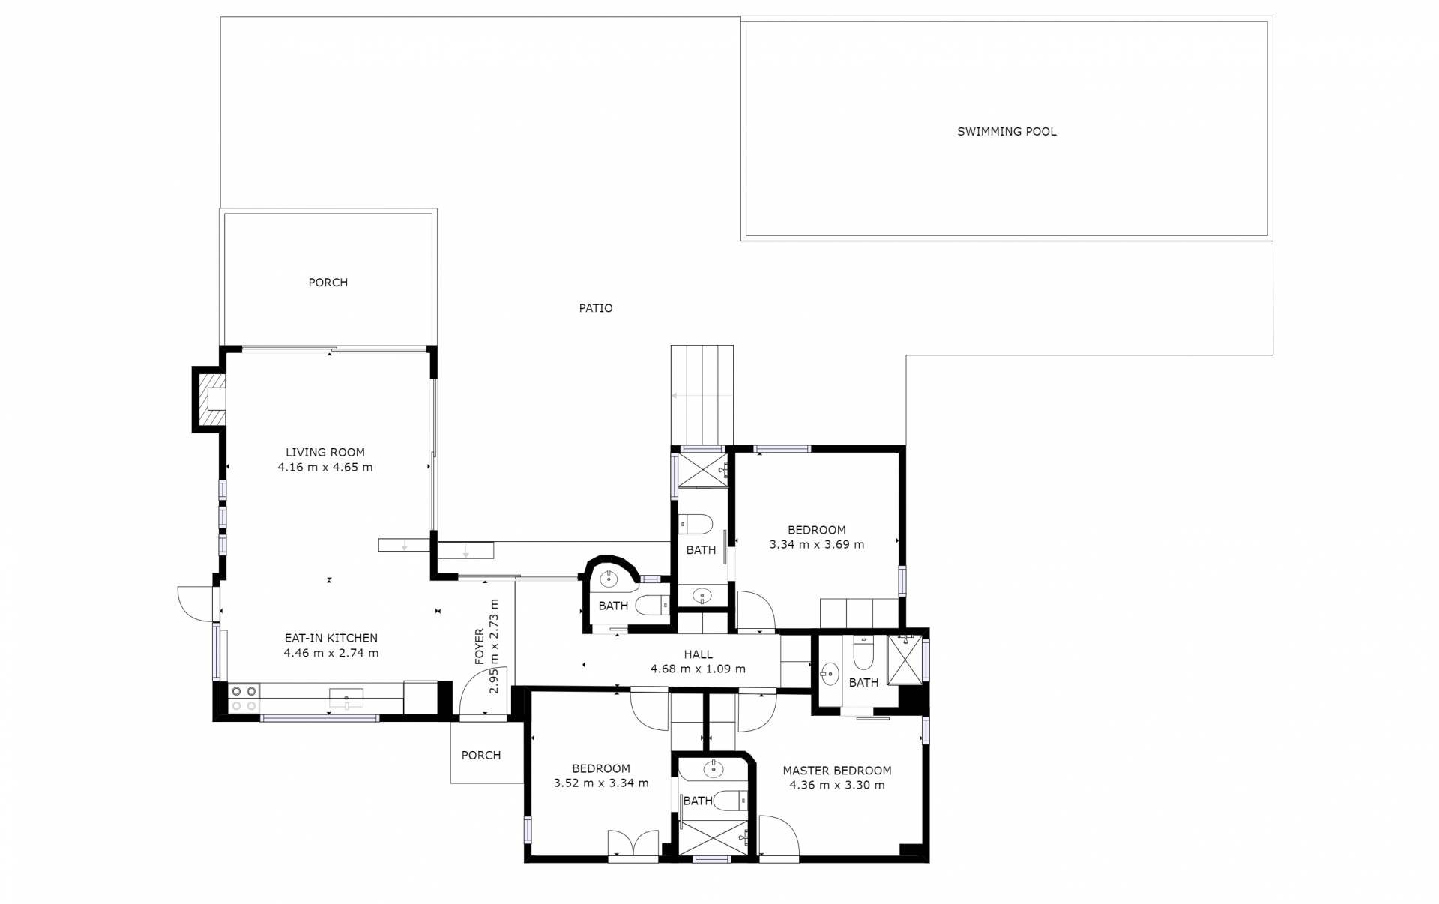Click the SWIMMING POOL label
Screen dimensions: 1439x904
tap(1007, 132)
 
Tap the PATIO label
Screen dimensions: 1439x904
tap(596, 308)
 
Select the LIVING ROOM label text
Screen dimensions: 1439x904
tap(325, 453)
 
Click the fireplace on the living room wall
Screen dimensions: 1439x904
tap(211, 400)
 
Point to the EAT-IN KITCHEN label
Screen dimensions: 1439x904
tap(331, 639)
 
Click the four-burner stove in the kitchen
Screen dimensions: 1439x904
tap(244, 699)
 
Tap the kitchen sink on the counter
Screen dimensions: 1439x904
tap(346, 699)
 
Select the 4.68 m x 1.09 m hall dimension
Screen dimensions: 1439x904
tap(698, 669)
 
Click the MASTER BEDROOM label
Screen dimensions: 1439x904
tap(837, 771)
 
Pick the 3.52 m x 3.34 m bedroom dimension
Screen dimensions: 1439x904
tap(601, 783)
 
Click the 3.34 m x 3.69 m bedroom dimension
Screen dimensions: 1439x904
tap(817, 545)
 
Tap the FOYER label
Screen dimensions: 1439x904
tap(480, 647)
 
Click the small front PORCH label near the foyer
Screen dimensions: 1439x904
tap(481, 756)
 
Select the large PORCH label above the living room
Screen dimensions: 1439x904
tap(328, 283)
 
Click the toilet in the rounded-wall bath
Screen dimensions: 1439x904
tap(653, 604)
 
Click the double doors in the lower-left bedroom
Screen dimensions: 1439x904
tap(633, 842)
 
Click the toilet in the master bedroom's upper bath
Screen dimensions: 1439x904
tap(863, 654)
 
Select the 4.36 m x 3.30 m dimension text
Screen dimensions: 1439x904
tap(837, 786)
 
